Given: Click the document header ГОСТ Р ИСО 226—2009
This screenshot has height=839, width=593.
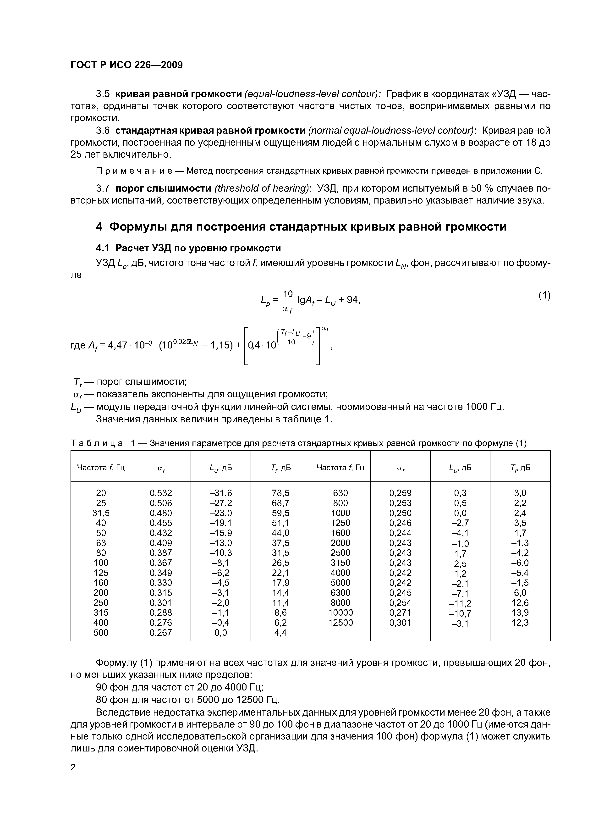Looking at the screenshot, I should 126,65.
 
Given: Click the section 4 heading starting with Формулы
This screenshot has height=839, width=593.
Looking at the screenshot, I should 301,227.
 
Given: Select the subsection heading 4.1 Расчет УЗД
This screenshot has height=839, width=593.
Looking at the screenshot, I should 188,248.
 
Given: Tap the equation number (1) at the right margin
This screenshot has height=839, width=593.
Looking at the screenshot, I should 544,295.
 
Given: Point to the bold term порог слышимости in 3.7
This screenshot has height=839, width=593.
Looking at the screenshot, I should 163,188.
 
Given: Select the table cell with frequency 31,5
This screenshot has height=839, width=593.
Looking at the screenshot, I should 101,513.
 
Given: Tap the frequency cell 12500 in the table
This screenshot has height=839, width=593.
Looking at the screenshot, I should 340,623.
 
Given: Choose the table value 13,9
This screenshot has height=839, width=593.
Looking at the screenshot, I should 520,613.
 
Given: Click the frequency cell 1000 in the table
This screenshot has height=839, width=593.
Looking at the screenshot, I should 340,513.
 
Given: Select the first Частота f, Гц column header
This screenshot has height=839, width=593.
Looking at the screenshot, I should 101,468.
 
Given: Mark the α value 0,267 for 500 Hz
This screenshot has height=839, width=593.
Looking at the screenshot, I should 161,633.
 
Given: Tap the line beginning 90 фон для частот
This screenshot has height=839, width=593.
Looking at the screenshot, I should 179,687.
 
